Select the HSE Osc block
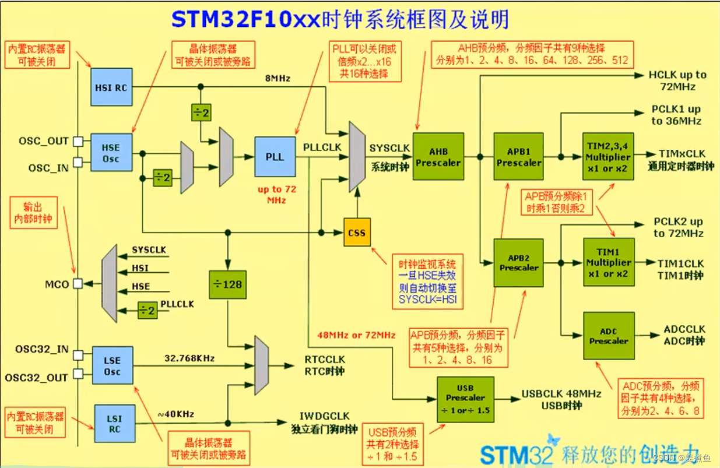111,153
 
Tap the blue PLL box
275,157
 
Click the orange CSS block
357,233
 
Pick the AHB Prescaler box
438,157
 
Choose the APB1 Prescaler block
518,157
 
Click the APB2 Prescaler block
518,262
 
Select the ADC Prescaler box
608,336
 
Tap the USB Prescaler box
465,399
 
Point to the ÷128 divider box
228,285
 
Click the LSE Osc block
113,365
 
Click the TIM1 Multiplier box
608,262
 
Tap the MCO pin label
57,284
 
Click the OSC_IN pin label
48,168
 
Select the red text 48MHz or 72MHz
356,335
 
